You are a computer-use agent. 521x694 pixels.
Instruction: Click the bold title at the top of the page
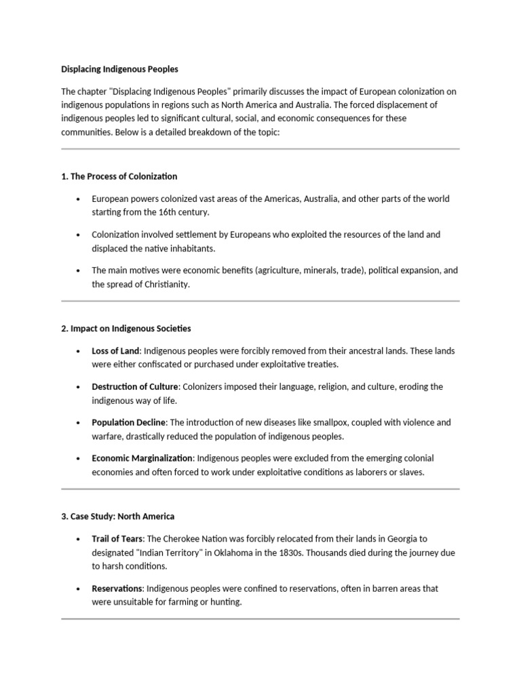click(x=119, y=69)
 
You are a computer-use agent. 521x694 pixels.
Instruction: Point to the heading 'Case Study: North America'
click(x=117, y=516)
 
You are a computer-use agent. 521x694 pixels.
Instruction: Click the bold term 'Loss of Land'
click(x=115, y=351)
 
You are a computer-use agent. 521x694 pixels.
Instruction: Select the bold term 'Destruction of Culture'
click(x=134, y=387)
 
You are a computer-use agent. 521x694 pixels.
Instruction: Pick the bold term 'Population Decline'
click(x=128, y=423)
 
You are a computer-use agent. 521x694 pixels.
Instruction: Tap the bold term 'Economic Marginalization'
click(x=142, y=459)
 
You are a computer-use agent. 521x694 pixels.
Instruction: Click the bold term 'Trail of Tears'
click(x=117, y=539)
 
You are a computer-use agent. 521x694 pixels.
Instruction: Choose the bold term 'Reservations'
click(x=117, y=589)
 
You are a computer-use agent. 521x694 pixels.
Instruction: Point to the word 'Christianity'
click(x=164, y=285)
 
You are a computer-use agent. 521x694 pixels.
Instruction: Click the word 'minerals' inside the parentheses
click(x=330, y=270)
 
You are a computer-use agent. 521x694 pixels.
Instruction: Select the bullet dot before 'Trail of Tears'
click(x=79, y=539)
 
